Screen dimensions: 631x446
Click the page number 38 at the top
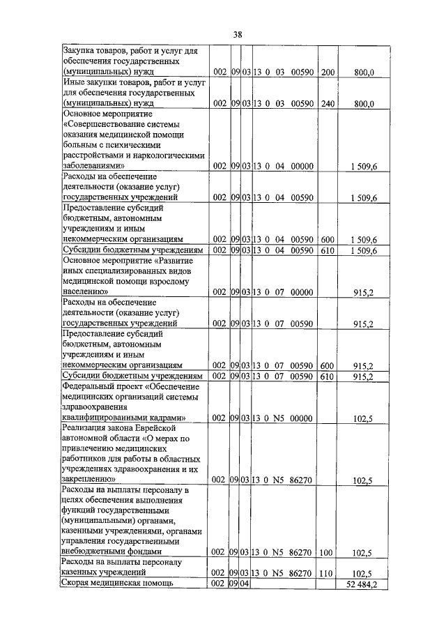pyautogui.click(x=237, y=33)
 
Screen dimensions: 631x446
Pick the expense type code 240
pyautogui.click(x=328, y=104)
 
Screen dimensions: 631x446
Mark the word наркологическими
pyautogui.click(x=172, y=157)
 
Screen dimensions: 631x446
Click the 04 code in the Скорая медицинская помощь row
pyautogui.click(x=245, y=584)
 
